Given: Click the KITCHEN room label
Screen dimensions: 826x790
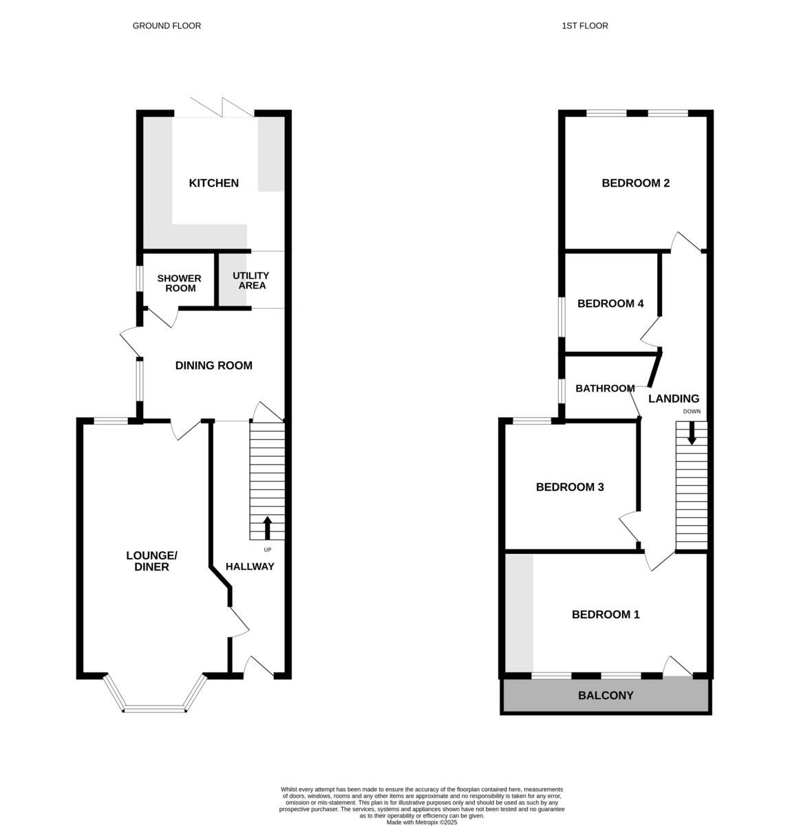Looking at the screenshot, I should click(x=213, y=183).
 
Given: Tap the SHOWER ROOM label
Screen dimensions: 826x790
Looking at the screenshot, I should click(x=180, y=283).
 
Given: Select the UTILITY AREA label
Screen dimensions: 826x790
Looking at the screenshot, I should click(x=251, y=280).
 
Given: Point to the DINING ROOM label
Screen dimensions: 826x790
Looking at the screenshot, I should click(x=213, y=366).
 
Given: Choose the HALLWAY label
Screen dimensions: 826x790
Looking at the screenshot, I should click(x=250, y=566).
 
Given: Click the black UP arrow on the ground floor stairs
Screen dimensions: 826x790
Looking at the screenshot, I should click(x=267, y=528).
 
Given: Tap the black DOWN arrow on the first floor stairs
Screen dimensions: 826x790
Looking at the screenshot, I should click(x=692, y=432).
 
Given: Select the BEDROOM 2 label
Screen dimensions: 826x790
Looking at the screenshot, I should click(x=635, y=183).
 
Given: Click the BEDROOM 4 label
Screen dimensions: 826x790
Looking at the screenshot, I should click(x=610, y=304).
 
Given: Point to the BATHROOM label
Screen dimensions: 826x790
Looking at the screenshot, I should click(x=605, y=388).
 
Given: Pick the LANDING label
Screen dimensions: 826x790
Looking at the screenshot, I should click(x=674, y=399).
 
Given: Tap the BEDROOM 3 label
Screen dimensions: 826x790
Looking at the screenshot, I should click(x=570, y=487).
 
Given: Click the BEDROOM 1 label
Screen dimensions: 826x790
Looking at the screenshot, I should click(x=606, y=615).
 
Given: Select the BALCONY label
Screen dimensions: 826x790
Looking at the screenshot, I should click(x=606, y=696).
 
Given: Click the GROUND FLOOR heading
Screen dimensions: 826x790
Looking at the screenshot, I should click(x=167, y=26).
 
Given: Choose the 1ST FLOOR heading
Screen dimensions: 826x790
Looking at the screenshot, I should click(x=585, y=26).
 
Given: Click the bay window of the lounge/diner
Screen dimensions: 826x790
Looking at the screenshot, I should click(x=155, y=708).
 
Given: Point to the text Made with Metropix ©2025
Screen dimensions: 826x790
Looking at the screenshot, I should click(x=422, y=822).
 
